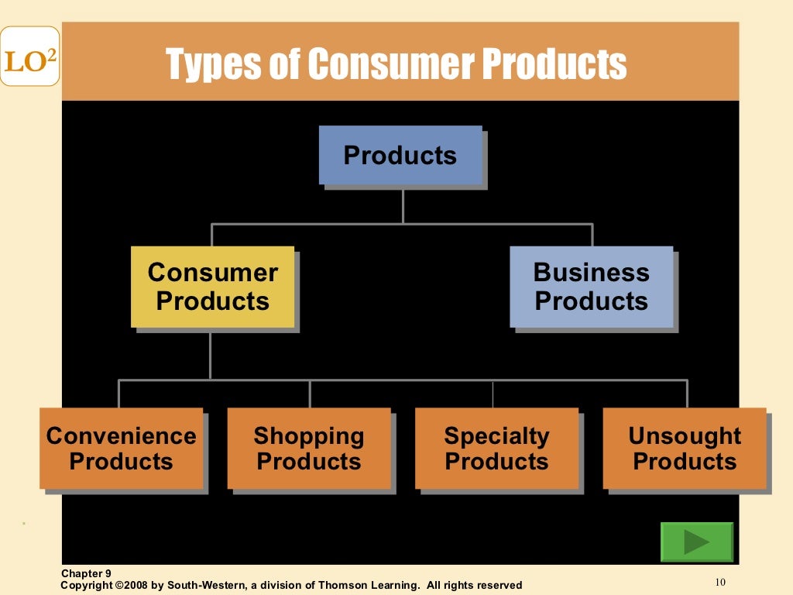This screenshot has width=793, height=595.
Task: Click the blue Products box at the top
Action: pos(400,155)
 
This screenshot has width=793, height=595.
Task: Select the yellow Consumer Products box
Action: pos(212,287)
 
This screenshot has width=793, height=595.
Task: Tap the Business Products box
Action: pos(591,287)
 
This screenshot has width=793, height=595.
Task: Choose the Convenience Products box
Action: pos(121,449)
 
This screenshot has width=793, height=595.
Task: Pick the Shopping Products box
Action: pos(309,449)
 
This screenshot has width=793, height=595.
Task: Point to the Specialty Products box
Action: pos(496,449)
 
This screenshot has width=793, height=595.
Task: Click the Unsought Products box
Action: pos(685,449)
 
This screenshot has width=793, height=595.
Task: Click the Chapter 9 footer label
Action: pos(86,573)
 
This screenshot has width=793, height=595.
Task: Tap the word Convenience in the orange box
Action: pos(121,435)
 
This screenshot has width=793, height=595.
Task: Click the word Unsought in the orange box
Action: pos(685,435)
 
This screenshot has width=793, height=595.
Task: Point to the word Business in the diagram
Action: pos(591,272)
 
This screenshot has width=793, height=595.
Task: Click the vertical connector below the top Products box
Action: pos(403,205)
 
